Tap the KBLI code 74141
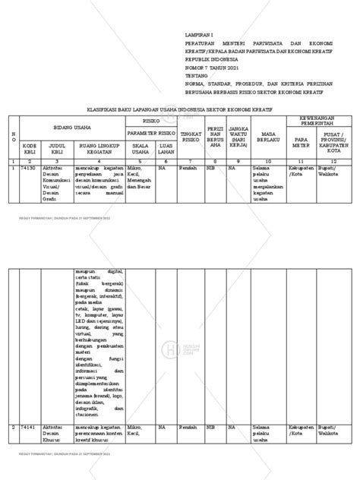tap(30, 428)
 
